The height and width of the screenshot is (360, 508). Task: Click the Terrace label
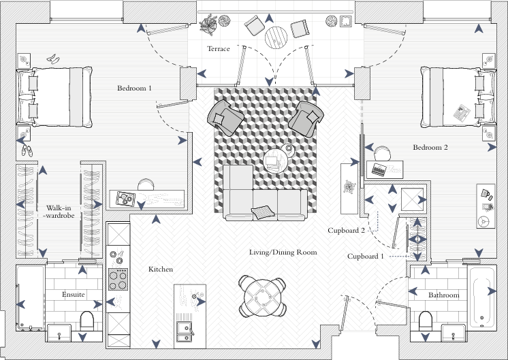pyautogui.click(x=219, y=49)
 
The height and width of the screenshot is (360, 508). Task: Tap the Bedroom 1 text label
pyautogui.click(x=134, y=88)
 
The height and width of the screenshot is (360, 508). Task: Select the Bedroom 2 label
pyautogui.click(x=430, y=147)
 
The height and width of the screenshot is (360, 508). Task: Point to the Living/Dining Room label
pyautogui.click(x=283, y=252)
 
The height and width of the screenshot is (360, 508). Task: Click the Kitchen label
pyautogui.click(x=161, y=269)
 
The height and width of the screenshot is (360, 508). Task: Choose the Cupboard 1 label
pyautogui.click(x=366, y=257)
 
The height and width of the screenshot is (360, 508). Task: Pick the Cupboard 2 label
pyautogui.click(x=347, y=231)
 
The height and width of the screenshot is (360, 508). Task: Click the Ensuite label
pyautogui.click(x=73, y=295)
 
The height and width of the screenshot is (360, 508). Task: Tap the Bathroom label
pyautogui.click(x=443, y=295)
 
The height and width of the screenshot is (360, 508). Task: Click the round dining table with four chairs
pyautogui.click(x=262, y=296)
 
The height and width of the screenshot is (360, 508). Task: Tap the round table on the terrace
pyautogui.click(x=277, y=36)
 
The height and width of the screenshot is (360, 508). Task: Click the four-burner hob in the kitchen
pyautogui.click(x=118, y=278)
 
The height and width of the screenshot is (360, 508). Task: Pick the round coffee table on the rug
pyautogui.click(x=276, y=161)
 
